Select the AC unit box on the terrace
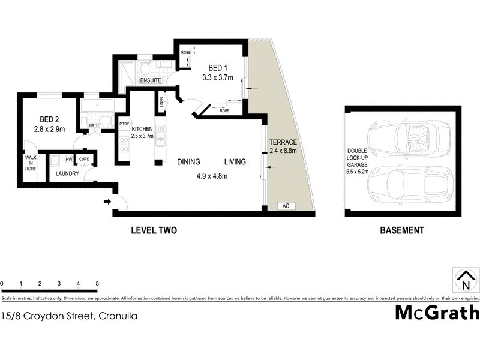(x=286, y=206)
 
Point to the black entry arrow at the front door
(x=107, y=202)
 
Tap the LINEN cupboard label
(x=161, y=103)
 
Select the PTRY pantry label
(x=124, y=124)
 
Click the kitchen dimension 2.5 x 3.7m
(x=142, y=136)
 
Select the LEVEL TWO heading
(x=154, y=230)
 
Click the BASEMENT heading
(x=402, y=230)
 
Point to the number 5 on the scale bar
(x=97, y=283)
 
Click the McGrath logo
(x=437, y=313)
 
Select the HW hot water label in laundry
(x=69, y=159)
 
